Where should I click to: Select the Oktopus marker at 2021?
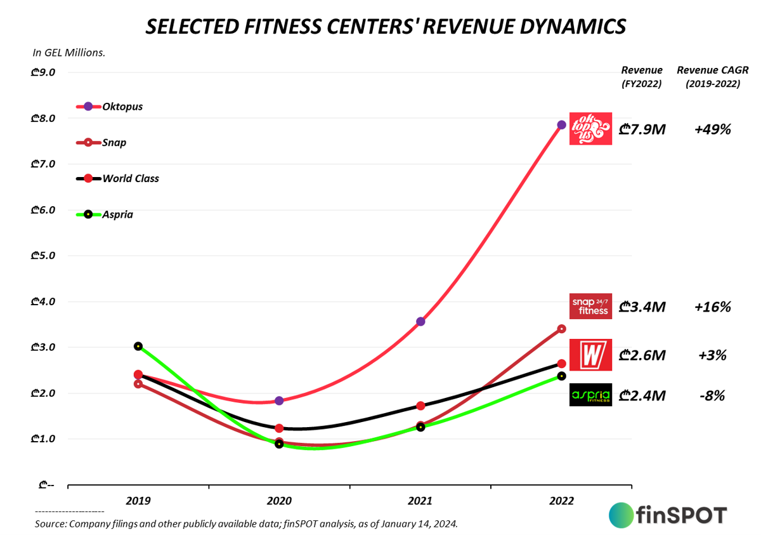click(420, 321)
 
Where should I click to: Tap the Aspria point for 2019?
click(138, 346)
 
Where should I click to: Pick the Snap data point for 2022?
click(561, 329)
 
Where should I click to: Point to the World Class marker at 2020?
click(279, 428)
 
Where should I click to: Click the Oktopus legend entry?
click(122, 107)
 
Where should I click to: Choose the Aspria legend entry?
click(117, 215)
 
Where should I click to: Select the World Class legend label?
click(131, 178)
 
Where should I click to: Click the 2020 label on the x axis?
click(279, 501)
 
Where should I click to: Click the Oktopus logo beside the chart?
click(590, 129)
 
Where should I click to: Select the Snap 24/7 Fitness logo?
click(590, 306)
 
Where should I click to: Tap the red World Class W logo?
click(590, 354)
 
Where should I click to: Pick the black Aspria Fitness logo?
click(590, 395)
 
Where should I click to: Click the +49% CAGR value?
click(712, 129)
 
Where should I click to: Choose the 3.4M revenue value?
click(642, 308)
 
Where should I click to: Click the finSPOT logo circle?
click(621, 515)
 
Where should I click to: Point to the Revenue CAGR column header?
click(708, 76)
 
